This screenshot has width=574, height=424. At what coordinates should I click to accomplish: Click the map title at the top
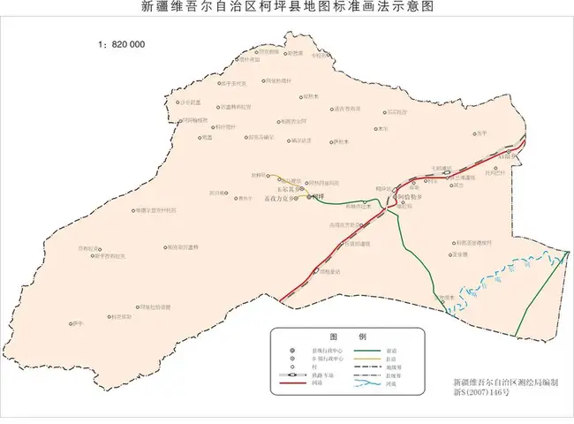tap(287, 9)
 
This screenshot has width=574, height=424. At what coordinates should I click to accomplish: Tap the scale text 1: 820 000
tap(121, 43)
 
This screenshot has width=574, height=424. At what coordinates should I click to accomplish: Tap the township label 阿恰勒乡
tap(411, 198)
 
